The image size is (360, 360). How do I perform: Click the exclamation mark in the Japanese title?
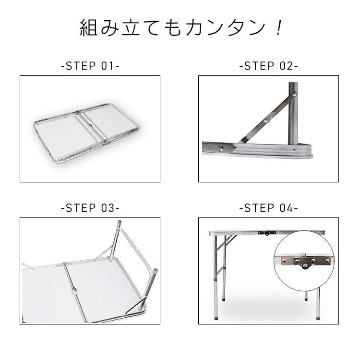click(277, 28)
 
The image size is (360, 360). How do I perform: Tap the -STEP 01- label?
click(90, 66)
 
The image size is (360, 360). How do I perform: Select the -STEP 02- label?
click(268, 66)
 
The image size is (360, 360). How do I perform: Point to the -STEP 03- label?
click(90, 208)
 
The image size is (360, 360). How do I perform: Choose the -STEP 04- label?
click(268, 208)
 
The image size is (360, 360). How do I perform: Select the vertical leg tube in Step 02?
click(293, 115)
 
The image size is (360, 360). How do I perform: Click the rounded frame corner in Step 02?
click(307, 152)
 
